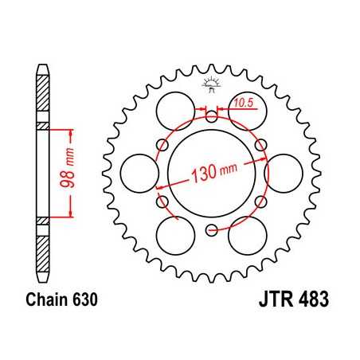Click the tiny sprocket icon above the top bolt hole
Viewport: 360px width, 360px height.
pyautogui.click(x=211, y=83)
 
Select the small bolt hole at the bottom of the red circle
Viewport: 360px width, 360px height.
pyautogui.click(x=211, y=231)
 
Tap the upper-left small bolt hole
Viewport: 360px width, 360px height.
pyautogui.click(x=162, y=144)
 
